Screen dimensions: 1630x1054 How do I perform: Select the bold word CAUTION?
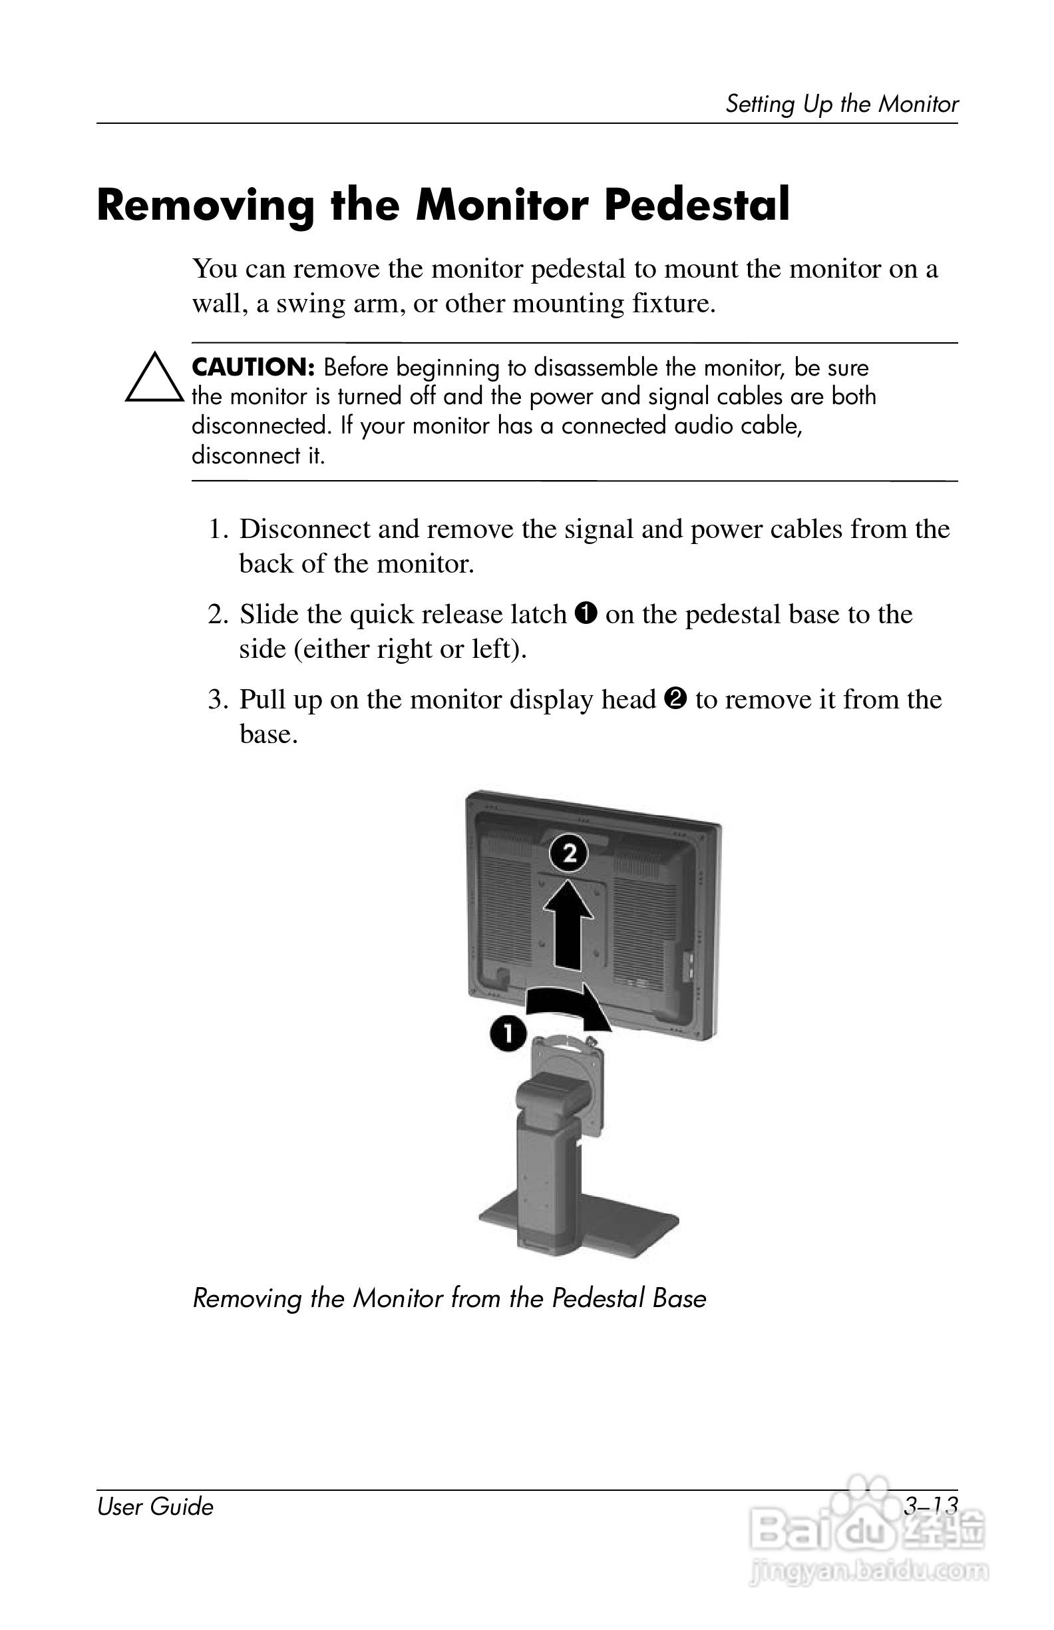253,368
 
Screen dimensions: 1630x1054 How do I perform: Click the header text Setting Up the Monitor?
841,104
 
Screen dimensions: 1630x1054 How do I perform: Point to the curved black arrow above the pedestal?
568,1004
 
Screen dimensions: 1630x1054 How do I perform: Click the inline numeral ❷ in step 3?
675,698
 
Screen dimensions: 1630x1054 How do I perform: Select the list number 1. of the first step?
218,529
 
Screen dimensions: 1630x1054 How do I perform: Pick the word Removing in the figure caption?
246,1298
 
